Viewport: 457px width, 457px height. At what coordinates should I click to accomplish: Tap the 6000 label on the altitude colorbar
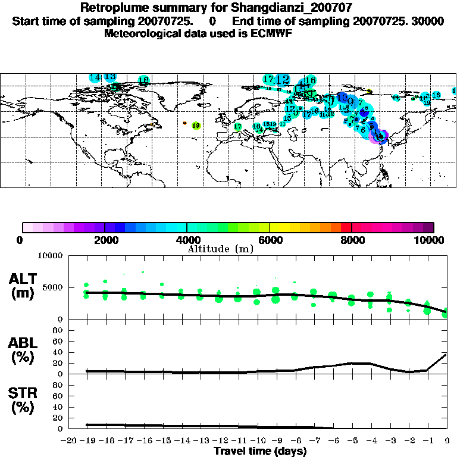[x=269, y=240]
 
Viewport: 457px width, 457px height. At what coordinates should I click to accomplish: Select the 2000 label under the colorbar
[x=104, y=240]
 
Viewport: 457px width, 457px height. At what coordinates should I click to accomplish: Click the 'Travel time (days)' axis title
[x=260, y=451]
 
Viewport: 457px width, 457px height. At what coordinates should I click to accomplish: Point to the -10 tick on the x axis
[x=256, y=440]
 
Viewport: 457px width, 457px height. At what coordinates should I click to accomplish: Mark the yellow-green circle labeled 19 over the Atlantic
[x=196, y=126]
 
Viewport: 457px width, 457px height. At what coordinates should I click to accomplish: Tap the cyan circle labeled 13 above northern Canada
[x=109, y=77]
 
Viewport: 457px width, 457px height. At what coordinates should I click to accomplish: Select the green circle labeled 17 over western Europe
[x=237, y=126]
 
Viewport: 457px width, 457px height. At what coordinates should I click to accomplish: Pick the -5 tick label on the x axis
[x=351, y=440]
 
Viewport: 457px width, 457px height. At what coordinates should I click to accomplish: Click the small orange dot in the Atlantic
[x=184, y=123]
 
